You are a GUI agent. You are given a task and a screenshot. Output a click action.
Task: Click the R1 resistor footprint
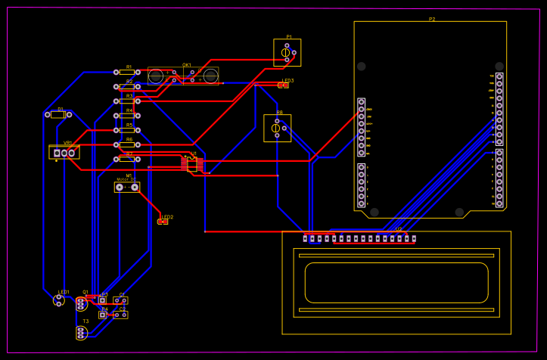tap(127, 72)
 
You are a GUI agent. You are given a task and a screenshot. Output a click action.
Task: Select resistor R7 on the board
tap(127, 159)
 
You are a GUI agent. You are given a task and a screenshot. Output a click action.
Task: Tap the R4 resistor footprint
tap(127, 116)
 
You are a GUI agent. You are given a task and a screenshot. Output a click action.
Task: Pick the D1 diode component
tap(58, 114)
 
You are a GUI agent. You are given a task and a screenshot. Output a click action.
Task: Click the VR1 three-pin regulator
tap(64, 153)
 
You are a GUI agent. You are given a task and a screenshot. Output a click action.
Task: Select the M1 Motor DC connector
tap(127, 187)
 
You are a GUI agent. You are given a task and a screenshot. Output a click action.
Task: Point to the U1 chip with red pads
tap(192, 163)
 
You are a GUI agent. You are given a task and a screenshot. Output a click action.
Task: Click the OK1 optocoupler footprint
tap(183, 76)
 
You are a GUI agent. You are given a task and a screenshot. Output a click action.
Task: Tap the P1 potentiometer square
tap(287, 52)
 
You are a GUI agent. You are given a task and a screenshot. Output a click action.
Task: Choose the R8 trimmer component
tap(277, 128)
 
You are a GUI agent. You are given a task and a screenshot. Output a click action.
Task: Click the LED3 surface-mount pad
tap(283, 85)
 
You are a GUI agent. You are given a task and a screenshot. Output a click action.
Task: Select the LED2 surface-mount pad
tap(163, 222)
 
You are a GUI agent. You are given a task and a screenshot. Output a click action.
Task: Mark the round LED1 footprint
tap(60, 300)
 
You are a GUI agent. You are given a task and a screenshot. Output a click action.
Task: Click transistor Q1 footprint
tap(81, 303)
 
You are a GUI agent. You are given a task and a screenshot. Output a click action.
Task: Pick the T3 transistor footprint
tap(81, 333)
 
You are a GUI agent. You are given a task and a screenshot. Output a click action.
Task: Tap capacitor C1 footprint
tap(120, 300)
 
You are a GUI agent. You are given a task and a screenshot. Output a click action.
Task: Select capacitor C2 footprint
tap(120, 315)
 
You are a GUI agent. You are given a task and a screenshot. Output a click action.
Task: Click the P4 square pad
tap(102, 315)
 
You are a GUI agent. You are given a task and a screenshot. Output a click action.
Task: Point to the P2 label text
tap(432, 19)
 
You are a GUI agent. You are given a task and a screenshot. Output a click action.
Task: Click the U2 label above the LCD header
tap(398, 229)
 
